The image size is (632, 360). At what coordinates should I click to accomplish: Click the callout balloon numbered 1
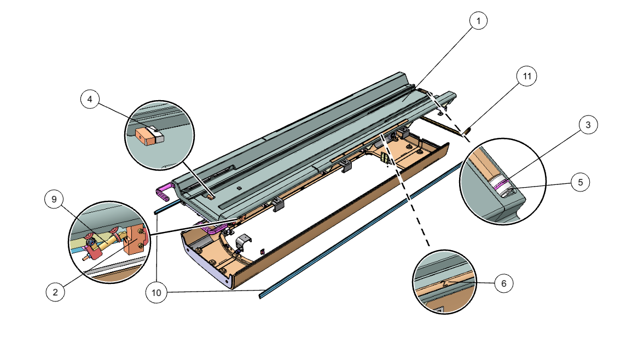pos(478,21)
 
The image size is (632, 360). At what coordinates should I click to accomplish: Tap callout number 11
pos(527,77)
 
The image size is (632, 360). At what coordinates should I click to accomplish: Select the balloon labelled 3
pos(588,125)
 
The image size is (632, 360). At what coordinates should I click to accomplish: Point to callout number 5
pos(580,182)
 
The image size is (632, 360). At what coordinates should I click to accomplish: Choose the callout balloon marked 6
pos(504,283)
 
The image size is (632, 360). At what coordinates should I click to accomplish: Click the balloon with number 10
pos(156,293)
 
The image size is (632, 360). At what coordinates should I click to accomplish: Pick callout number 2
pos(55,292)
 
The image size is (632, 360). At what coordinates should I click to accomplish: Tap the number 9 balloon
pos(54,200)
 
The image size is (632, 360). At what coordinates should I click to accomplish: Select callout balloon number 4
pos(90,100)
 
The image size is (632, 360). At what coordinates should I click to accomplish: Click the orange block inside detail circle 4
pos(145,137)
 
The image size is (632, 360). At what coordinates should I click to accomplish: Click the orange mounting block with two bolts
pos(135,241)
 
